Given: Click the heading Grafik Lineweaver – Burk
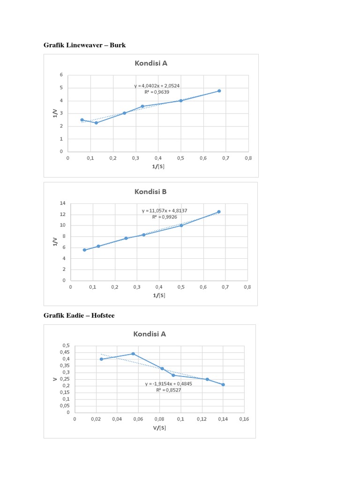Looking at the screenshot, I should coord(84,45).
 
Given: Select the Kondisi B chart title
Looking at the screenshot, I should coord(150,191).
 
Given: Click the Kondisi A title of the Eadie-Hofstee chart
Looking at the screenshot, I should coord(150,334).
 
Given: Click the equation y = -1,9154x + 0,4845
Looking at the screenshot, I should coord(168,383).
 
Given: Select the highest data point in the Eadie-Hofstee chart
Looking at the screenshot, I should coord(133,354).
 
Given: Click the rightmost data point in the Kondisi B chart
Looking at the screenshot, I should coord(218,212).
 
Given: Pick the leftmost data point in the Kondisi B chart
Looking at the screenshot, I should coord(84,250).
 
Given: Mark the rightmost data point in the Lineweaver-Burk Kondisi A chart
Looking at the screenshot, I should coord(219,91).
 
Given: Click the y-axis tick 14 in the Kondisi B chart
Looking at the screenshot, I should coord(62,203).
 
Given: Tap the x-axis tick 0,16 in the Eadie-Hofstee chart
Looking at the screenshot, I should coord(243,419).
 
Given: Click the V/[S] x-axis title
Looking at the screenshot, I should coord(159,427).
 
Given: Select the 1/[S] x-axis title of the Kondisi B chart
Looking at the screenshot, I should coord(159,295).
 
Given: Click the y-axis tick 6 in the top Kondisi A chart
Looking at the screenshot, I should coord(61,75).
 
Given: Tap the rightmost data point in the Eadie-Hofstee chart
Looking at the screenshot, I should coord(223,384).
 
